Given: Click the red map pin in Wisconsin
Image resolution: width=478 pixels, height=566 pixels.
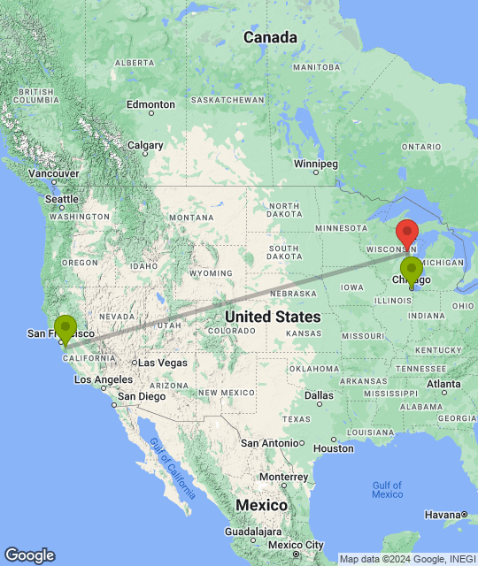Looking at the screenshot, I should (x=406, y=232).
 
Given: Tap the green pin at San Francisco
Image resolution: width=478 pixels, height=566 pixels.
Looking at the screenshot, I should (x=65, y=327).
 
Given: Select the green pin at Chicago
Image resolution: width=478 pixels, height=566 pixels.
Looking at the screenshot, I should (x=411, y=270).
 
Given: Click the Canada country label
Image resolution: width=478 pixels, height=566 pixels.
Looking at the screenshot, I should (x=270, y=37).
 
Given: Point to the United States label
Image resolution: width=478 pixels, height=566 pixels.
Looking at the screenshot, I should (x=273, y=317).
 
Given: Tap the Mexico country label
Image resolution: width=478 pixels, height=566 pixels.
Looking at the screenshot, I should (x=261, y=505).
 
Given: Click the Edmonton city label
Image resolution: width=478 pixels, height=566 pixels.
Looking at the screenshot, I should (x=150, y=104).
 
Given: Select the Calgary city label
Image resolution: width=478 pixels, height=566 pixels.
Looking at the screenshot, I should (x=145, y=145).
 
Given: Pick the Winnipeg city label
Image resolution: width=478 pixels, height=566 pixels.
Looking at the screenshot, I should (x=316, y=164).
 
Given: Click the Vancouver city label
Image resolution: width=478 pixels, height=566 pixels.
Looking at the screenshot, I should (x=53, y=173).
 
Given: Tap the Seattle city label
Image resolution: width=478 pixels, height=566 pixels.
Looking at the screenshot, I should (x=62, y=200).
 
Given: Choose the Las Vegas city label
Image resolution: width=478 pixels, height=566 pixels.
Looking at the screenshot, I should (x=162, y=363).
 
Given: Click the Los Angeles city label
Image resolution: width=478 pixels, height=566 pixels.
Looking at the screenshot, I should (x=103, y=379).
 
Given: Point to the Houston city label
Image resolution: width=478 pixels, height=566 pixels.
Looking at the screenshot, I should (x=333, y=448).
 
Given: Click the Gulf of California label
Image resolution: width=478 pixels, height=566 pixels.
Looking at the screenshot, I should (x=172, y=468).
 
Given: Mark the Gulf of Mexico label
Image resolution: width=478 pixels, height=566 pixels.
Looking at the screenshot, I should (x=387, y=489).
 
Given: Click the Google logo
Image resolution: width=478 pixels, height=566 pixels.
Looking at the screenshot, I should (x=29, y=555).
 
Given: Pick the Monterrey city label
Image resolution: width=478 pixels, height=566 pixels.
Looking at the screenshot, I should (x=283, y=477).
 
